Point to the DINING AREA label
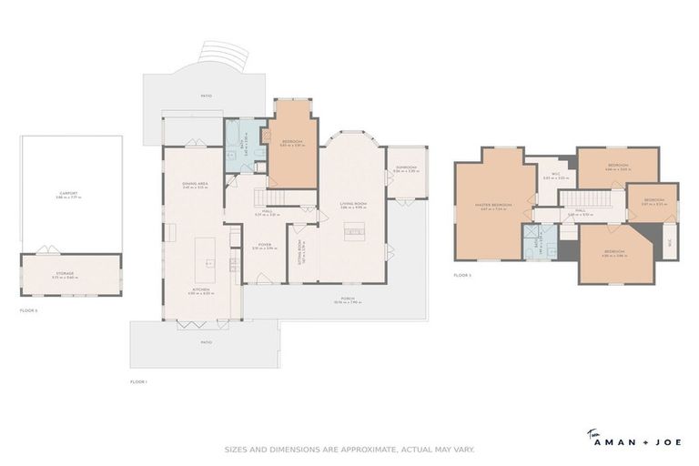(x=196, y=185)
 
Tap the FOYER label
(x=265, y=245)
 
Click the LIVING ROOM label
(x=353, y=204)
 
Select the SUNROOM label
(x=406, y=167)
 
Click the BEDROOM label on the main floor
(x=292, y=141)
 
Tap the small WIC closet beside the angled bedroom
(x=669, y=243)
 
